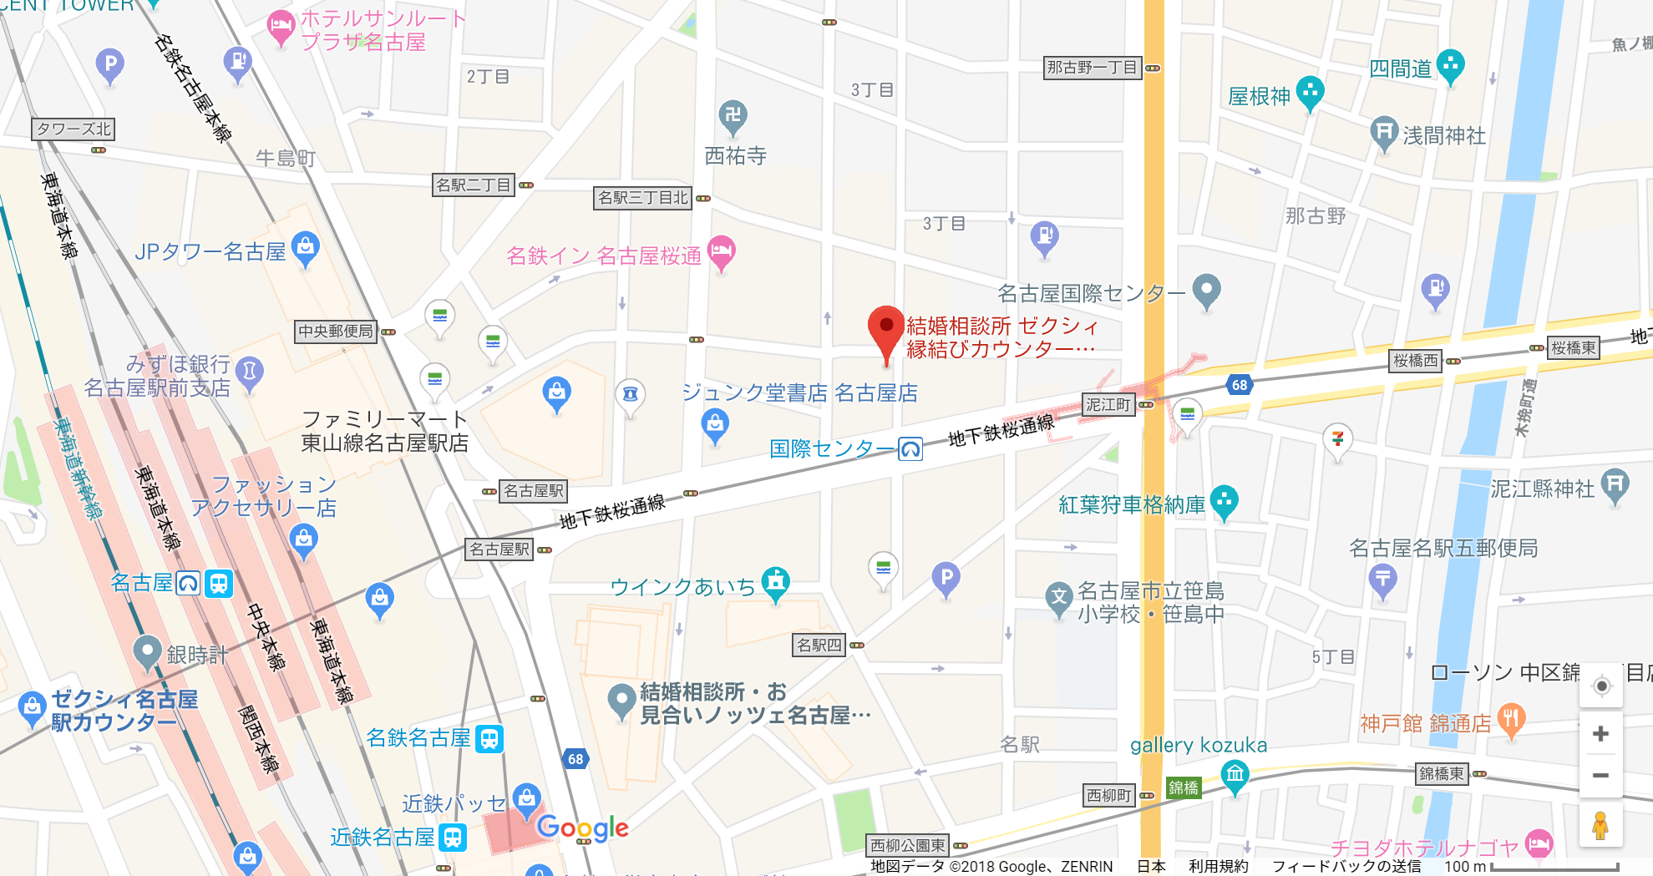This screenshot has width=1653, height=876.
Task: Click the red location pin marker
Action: (x=886, y=331)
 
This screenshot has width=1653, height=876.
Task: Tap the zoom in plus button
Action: (x=1600, y=734)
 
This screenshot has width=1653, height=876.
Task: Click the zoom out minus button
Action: (x=1600, y=776)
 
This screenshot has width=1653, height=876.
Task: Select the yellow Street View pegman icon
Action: (x=1600, y=826)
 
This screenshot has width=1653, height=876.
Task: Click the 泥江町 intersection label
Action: (x=1108, y=405)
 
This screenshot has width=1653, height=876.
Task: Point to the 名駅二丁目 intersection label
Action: (x=473, y=185)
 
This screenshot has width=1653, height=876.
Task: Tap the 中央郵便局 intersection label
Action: (x=336, y=332)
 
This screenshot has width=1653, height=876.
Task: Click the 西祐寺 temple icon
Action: (x=733, y=115)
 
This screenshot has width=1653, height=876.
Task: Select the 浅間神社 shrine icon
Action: (x=1384, y=132)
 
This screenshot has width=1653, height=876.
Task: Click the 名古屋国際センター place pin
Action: (x=1206, y=290)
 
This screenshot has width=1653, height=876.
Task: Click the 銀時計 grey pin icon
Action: (x=148, y=651)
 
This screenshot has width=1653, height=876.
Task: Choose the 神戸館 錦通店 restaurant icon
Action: (x=1511, y=719)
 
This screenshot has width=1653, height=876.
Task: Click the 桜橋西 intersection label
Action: (x=1416, y=361)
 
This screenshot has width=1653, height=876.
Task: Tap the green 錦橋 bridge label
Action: (x=1183, y=787)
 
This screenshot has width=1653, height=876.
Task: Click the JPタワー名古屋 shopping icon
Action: (x=306, y=247)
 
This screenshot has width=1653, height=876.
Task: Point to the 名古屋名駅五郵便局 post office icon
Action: (x=1383, y=579)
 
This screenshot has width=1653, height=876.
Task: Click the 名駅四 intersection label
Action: (x=819, y=645)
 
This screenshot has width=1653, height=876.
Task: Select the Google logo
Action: (x=582, y=828)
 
